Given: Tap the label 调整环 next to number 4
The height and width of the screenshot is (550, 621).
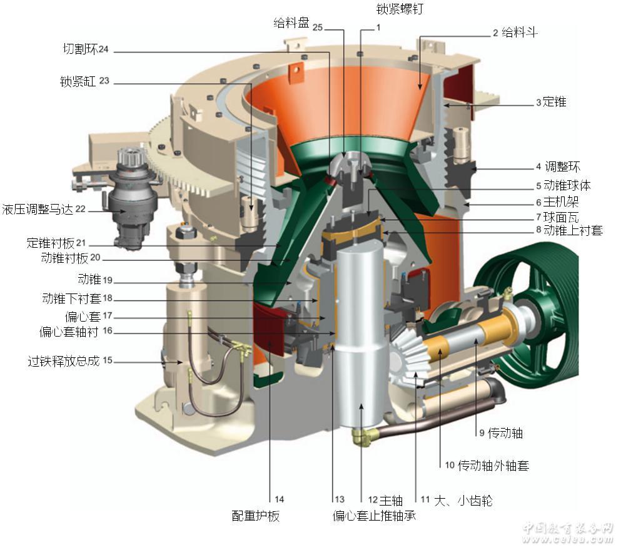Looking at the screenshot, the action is click(562, 166).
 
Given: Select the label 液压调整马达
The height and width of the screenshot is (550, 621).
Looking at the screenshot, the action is click(38, 209).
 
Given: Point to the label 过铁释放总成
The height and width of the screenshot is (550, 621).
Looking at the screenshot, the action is click(63, 361).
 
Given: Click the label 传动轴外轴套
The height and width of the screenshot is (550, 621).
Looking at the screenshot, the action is click(493, 465).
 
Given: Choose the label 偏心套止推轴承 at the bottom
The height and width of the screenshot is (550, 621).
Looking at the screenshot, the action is click(374, 516).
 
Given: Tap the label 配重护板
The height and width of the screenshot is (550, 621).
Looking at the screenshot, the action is click(255, 516).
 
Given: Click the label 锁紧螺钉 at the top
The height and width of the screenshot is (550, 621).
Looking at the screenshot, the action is click(399, 9).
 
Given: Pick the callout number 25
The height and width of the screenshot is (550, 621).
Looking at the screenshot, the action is click(318, 28).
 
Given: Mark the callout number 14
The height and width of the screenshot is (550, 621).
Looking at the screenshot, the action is click(279, 499).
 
